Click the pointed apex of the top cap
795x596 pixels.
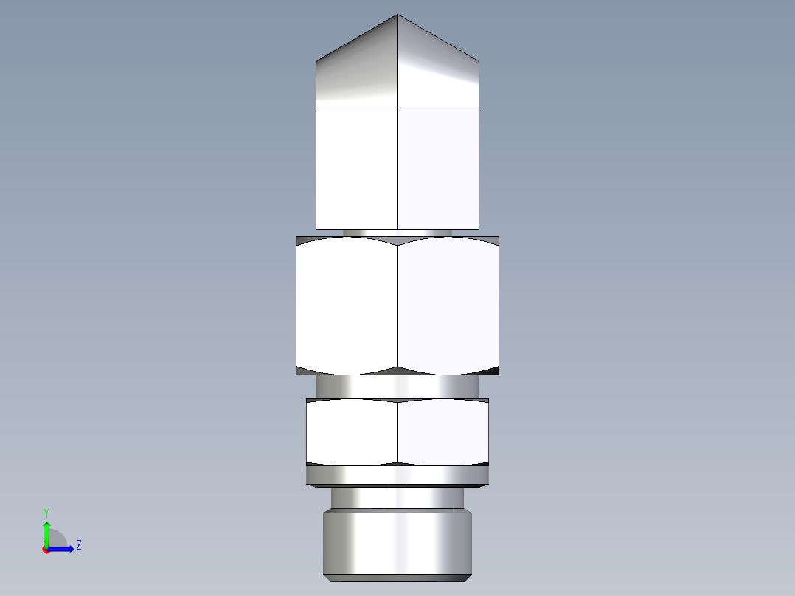[397, 15]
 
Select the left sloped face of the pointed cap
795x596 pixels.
[358, 70]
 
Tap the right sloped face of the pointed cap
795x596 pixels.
[438, 70]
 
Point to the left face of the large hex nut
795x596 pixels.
[346, 305]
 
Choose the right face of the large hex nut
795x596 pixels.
[448, 305]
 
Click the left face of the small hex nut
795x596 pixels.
[351, 433]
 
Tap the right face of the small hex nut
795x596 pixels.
[442, 433]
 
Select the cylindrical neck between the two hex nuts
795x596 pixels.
[397, 386]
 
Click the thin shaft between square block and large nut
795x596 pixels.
[397, 232]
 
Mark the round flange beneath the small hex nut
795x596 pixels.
[397, 476]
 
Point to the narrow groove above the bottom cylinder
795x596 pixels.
[397, 499]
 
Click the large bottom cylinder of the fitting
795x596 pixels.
[397, 541]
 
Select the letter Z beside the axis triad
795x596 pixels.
[78, 545]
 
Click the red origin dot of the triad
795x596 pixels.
[46, 550]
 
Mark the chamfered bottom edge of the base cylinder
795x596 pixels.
[397, 576]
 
